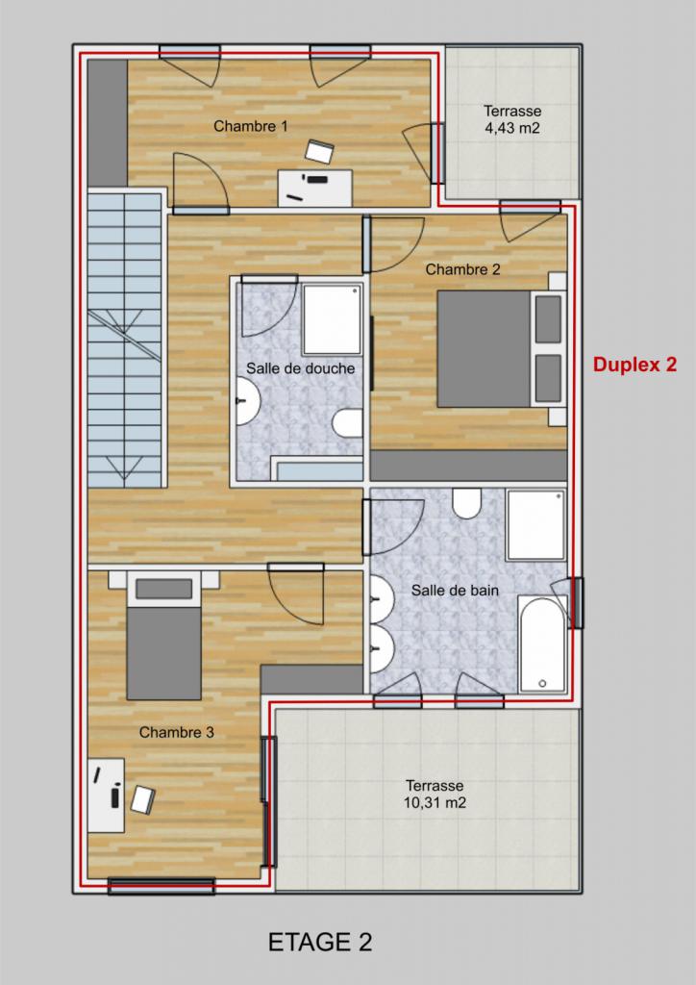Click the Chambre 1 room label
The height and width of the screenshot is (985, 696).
[x=250, y=126]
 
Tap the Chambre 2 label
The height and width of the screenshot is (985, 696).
[x=462, y=269]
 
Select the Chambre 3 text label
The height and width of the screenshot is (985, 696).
[x=176, y=732]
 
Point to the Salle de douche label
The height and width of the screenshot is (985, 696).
[x=300, y=368]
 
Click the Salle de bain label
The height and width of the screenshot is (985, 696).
[x=455, y=590]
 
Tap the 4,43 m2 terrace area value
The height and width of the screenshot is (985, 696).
[x=512, y=129]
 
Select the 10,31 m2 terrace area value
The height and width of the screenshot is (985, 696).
[x=435, y=803]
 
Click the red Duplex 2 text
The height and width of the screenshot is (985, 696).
[x=635, y=365]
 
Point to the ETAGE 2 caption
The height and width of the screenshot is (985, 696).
[x=320, y=943]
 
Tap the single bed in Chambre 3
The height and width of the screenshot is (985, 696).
[x=163, y=636]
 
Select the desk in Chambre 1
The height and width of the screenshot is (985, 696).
[x=315, y=188]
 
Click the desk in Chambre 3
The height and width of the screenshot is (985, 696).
[x=106, y=796]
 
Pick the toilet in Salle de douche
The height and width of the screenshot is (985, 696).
[x=348, y=423]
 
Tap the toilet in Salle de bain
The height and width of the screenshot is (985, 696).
[x=467, y=504]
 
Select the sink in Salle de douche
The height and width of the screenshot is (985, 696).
[x=249, y=401]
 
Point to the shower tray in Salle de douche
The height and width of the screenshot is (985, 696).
[x=332, y=319]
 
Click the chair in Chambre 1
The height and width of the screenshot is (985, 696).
[x=319, y=152]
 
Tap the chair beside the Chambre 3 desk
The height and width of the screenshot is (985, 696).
[x=143, y=799]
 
